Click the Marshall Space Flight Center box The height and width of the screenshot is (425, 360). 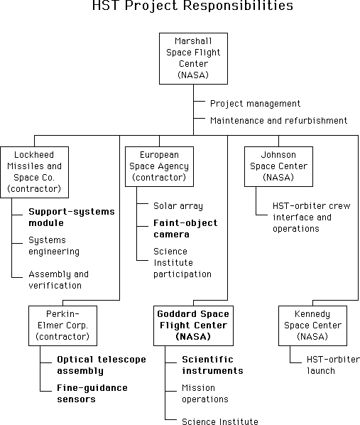193,58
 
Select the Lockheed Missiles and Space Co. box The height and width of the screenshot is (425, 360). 34,172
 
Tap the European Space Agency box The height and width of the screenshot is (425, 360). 159,166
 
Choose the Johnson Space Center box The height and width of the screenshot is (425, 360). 278,166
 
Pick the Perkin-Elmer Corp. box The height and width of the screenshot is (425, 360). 63,326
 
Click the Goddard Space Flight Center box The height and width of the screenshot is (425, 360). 193,326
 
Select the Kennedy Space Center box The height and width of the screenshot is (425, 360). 312,326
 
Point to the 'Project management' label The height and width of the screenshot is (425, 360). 255,104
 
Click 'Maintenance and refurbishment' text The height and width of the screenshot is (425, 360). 278,120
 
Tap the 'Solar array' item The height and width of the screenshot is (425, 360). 178,206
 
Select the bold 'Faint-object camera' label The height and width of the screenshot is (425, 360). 185,229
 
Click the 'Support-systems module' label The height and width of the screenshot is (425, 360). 72,217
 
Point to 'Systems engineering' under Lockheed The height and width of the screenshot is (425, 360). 54,246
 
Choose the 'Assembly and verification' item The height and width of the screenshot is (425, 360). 58,280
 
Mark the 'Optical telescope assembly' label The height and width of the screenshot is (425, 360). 102,365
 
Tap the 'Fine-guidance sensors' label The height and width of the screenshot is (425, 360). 92,394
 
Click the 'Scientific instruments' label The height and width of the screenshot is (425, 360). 212,365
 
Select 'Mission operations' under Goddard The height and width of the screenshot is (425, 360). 205,394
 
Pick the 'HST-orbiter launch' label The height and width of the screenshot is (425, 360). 333,365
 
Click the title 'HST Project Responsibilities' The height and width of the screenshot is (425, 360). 192,6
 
